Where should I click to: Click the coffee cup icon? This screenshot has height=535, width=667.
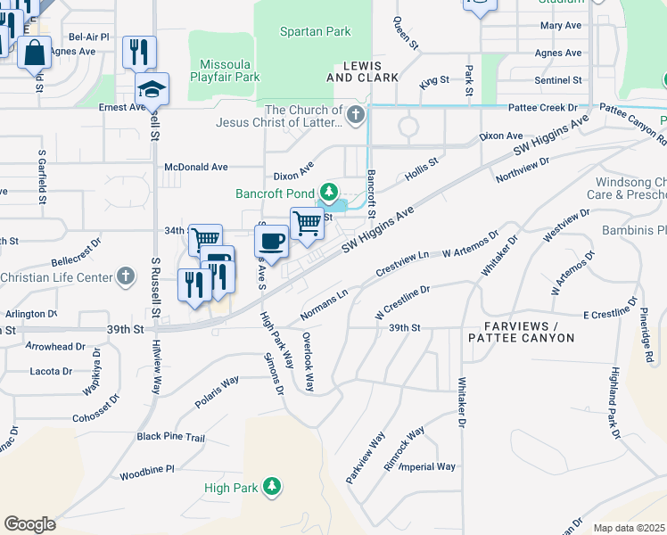click(x=271, y=240)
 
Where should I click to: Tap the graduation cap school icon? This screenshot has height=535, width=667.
click(x=152, y=89)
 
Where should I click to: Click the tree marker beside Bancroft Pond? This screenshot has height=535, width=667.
click(x=328, y=192)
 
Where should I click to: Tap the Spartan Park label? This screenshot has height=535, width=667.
click(x=315, y=31)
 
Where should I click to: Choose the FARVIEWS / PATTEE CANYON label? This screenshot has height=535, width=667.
click(x=522, y=332)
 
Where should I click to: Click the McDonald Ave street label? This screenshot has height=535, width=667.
click(x=196, y=167)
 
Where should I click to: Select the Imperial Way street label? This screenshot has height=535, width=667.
click(x=427, y=466)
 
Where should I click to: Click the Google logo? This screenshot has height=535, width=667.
click(x=29, y=523)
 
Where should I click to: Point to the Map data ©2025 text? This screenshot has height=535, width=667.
click(x=629, y=528)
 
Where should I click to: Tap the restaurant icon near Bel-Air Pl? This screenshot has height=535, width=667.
click(x=138, y=53)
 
